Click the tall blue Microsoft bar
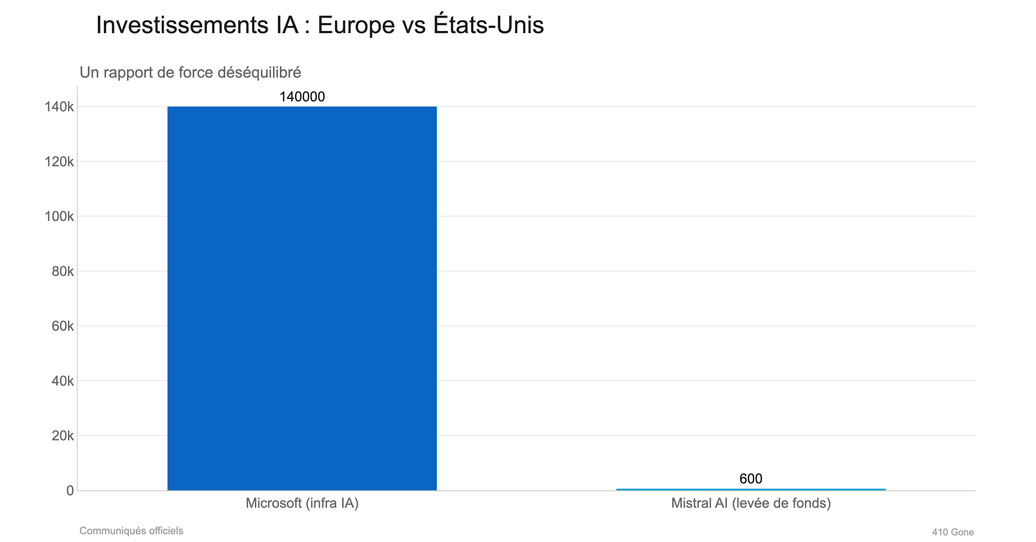(x=302, y=298)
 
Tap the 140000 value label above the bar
(x=302, y=97)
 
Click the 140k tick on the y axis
(x=59, y=107)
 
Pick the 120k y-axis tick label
(x=59, y=162)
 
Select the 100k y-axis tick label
(x=59, y=216)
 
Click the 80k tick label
(x=62, y=271)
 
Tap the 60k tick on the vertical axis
(x=62, y=326)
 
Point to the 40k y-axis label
(x=62, y=381)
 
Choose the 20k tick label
(x=62, y=435)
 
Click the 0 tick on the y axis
(x=70, y=491)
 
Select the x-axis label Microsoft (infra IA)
(x=302, y=503)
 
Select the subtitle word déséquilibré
(x=259, y=72)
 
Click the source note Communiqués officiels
(x=131, y=531)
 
